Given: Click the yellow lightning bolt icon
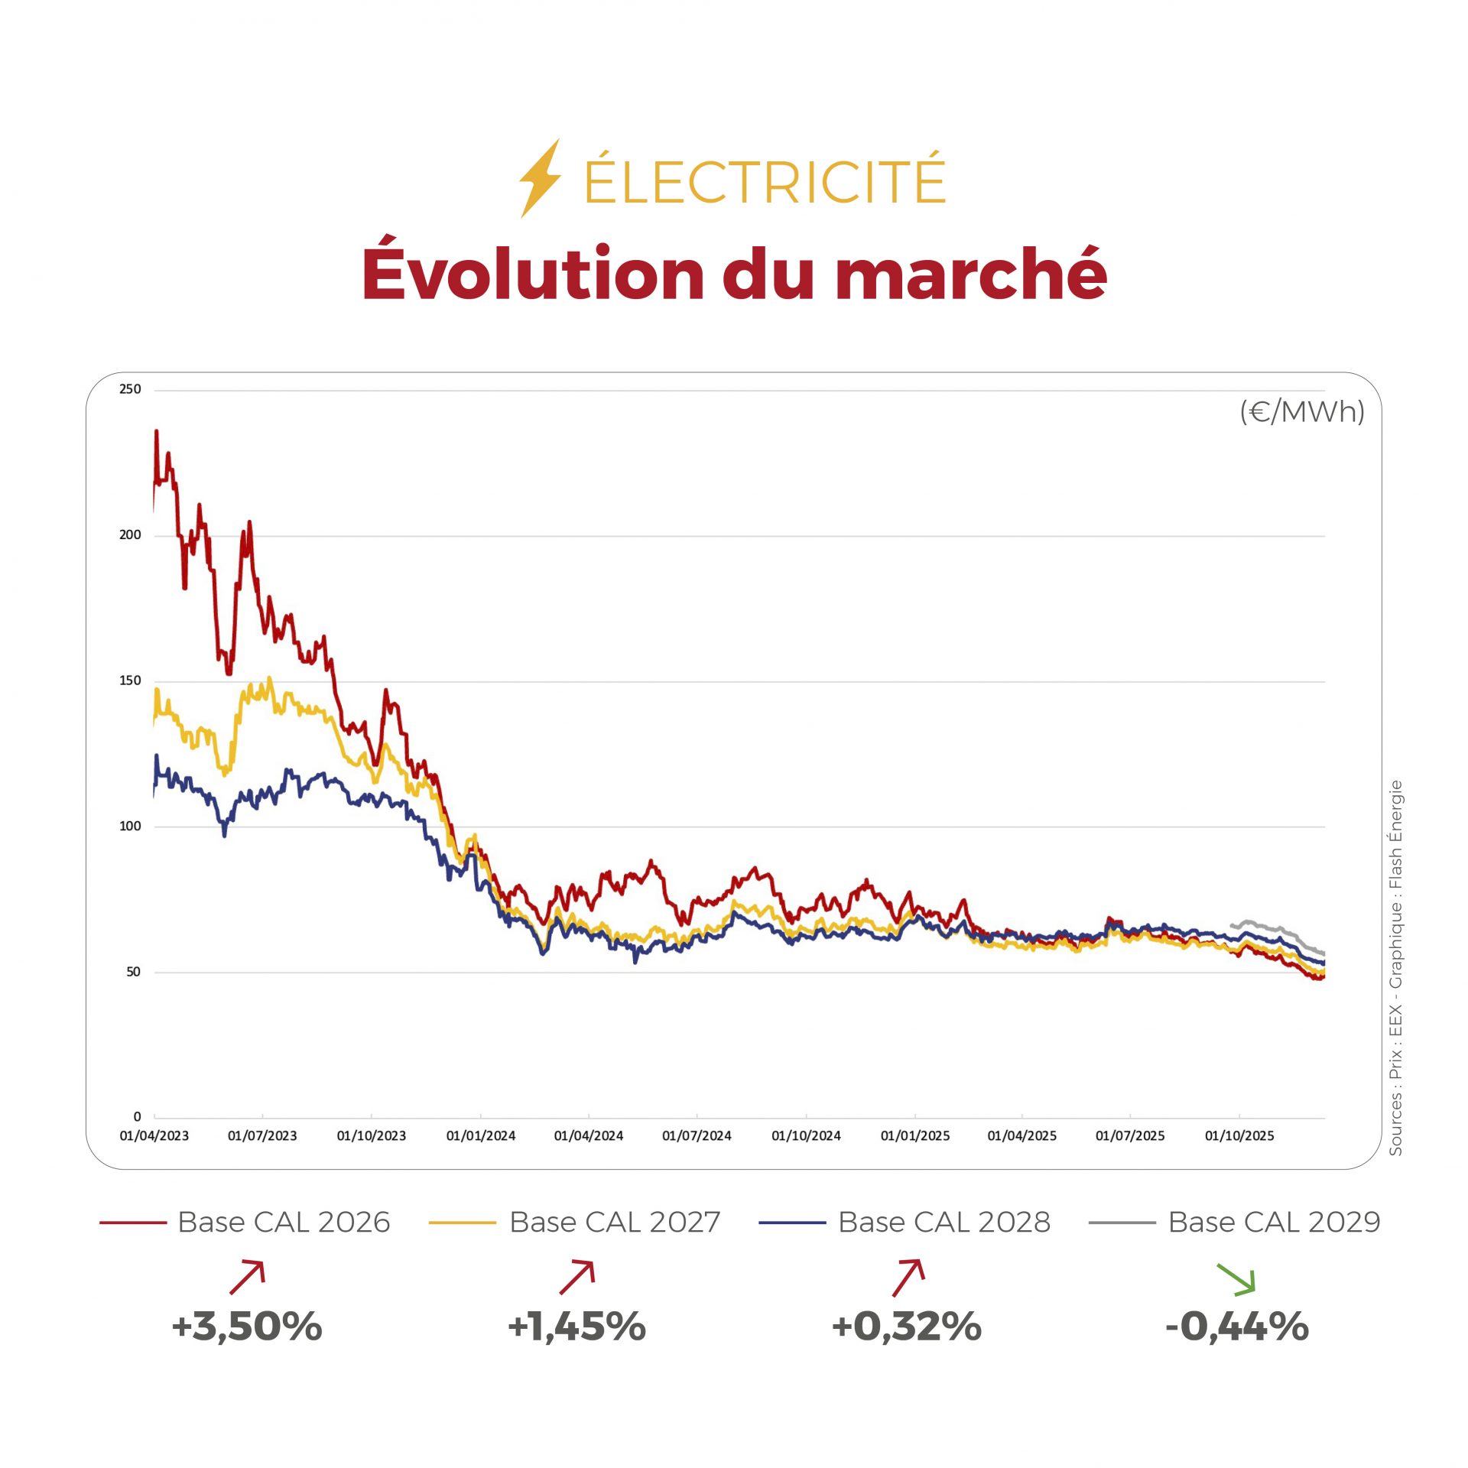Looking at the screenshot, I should coord(540,178).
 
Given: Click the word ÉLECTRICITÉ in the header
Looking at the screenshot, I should coord(765,180).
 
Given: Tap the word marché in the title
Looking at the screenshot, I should coord(971,274).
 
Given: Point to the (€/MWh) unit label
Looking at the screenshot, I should coord(1301,412).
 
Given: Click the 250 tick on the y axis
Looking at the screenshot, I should coord(131,389).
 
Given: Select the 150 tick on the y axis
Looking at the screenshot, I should coord(131,680).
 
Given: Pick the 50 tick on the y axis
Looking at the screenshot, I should coord(134,972).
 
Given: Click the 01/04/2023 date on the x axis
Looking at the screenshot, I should coord(154,1135).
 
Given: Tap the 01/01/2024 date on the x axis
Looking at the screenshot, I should coord(481,1135).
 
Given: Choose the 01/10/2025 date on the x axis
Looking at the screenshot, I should coord(1239,1135).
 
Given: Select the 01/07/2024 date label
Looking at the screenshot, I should coord(697,1135).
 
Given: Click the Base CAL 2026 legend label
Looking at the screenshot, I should coord(284,1222).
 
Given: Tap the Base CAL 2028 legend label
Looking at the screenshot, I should coord(944,1222).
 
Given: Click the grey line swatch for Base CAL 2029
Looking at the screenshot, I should coord(1122,1223).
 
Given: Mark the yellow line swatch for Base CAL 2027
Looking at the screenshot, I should coord(463,1223).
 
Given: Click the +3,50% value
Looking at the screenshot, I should coord(247,1327).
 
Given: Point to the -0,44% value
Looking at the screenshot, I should coord(1237,1327).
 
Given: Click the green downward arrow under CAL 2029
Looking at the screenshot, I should coord(1236,1278).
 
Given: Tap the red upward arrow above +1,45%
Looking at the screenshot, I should coord(577,1277).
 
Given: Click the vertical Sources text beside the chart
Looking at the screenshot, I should coord(1396,967).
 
